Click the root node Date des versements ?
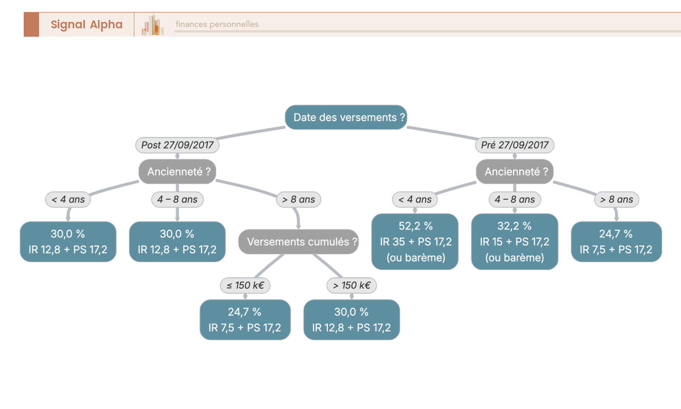pyautogui.click(x=346, y=117)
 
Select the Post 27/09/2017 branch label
pyautogui.click(x=177, y=145)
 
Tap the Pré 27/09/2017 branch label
pyautogui.click(x=515, y=145)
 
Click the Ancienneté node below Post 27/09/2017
pyautogui.click(x=178, y=172)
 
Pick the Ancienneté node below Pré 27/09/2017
pyautogui.click(x=515, y=172)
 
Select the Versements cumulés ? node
pyautogui.click(x=299, y=242)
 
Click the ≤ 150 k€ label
pyautogui.click(x=245, y=285)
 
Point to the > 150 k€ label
pyautogui.click(x=352, y=285)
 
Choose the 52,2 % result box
pyautogui.click(x=415, y=242)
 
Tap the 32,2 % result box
pyautogui.click(x=515, y=242)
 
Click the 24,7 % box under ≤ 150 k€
pyautogui.click(x=245, y=320)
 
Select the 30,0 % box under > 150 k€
pyautogui.click(x=352, y=320)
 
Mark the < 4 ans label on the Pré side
pyautogui.click(x=415, y=200)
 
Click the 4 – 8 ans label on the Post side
pyautogui.click(x=178, y=200)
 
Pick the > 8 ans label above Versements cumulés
pyautogui.click(x=299, y=200)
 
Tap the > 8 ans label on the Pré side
pyautogui.click(x=617, y=200)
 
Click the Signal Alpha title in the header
pyautogui.click(x=86, y=24)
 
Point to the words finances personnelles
pyautogui.click(x=217, y=24)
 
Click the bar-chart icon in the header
pyautogui.click(x=153, y=25)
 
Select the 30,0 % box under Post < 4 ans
pyautogui.click(x=68, y=242)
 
